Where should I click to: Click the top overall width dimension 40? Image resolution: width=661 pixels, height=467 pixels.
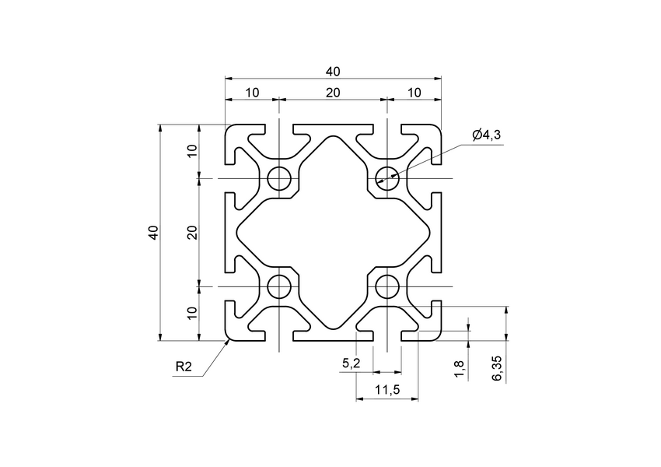[333, 72]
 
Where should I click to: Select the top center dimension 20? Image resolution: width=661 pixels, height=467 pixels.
[333, 93]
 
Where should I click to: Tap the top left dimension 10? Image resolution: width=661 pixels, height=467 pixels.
[252, 93]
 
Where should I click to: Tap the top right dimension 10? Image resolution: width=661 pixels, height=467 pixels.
[414, 93]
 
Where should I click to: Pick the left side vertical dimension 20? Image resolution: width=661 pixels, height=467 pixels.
[192, 232]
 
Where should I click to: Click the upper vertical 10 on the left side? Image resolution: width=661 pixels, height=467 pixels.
[192, 151]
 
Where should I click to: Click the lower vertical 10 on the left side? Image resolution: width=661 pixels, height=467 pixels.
[192, 313]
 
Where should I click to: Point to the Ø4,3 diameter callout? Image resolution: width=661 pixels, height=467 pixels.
[486, 135]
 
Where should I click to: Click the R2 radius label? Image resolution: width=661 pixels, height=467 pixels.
[184, 367]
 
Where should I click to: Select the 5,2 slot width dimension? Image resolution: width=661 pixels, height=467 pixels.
[351, 363]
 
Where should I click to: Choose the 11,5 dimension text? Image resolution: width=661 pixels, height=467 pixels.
[386, 390]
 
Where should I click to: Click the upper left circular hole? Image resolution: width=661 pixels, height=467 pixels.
[279, 178]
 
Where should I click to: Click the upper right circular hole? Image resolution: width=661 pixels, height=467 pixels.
[386, 178]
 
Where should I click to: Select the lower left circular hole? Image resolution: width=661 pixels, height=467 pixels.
[279, 286]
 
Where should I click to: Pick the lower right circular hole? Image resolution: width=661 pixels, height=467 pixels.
[386, 286]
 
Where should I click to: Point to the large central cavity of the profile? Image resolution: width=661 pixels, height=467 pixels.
[333, 232]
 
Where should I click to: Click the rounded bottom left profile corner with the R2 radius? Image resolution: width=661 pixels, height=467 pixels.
[229, 337]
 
